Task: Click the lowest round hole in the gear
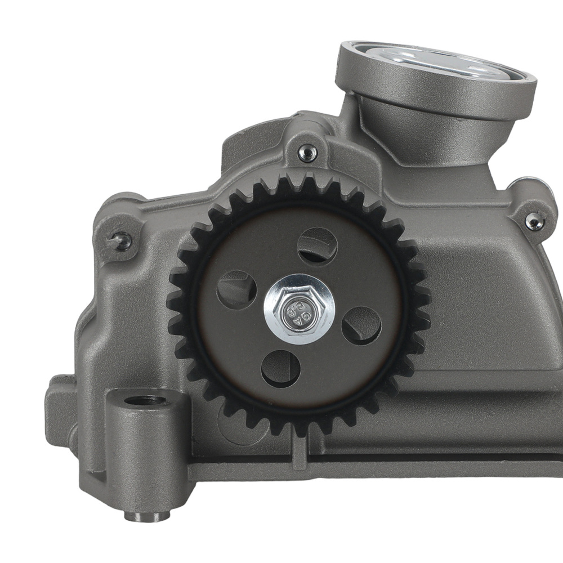[280, 369]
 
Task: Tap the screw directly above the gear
[307, 153]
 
